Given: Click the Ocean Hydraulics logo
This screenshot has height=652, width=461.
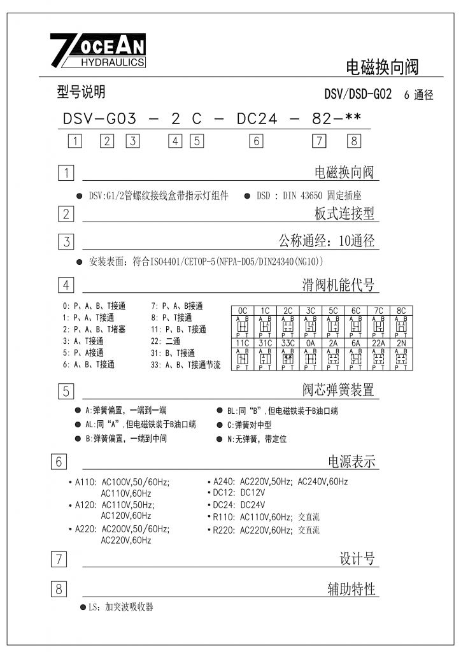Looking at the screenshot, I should pos(98,50).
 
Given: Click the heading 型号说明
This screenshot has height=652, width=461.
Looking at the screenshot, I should pos(81,93).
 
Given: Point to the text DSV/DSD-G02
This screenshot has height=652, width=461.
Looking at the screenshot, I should pos(357,95).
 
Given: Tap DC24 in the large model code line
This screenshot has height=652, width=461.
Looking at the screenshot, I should pos(257,119).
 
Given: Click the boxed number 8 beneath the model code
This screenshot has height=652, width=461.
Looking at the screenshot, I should pos(354,141).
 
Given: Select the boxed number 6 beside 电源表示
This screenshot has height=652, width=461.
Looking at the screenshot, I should pos(59,462).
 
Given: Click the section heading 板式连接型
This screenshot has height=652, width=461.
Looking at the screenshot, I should pos(344,213).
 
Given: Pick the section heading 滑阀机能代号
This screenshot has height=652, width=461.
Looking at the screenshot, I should pos(338,285).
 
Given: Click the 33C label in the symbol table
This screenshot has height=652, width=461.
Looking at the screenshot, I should pos(288,343).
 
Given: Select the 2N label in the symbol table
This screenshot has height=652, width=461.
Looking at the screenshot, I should pos(401,343).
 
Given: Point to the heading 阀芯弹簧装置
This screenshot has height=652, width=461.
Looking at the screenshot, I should pos(338,390).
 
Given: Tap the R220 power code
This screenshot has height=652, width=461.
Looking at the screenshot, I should pos(223,530).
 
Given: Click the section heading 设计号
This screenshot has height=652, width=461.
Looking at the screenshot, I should pos(357,559).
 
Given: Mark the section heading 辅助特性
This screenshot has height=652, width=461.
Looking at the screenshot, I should pos(351,590).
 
